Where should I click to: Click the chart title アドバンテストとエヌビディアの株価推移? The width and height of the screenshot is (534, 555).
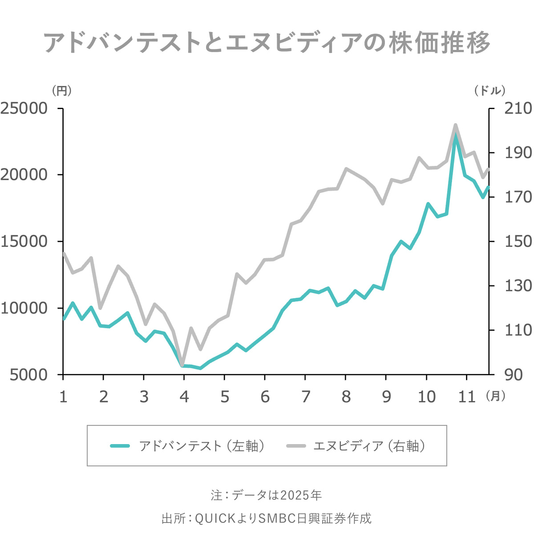pos(267,43)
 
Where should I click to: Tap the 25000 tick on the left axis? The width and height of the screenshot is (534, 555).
pos(24,108)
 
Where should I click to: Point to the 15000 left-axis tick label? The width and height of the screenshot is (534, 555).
pos(24,241)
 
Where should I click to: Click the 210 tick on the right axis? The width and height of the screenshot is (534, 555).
pos(518,108)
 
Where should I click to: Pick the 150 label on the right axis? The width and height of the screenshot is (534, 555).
pos(518,241)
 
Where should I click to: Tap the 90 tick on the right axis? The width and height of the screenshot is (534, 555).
pos(514,375)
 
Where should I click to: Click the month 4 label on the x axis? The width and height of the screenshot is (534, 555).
pos(184,396)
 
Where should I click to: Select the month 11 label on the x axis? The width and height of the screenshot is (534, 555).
pos(467,396)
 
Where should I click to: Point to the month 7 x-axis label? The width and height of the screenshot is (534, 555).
pos(306,396)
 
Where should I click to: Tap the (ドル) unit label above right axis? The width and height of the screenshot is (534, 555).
pos(490,91)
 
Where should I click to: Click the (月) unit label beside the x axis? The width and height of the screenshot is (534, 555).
pos(495,396)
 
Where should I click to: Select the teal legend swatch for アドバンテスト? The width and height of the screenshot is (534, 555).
pos(120,446)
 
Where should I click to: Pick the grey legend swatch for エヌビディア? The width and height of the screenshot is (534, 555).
pos(296,446)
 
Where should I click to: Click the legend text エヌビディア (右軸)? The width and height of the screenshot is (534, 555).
pos(369,446)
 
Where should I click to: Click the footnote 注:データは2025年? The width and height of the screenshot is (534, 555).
pos(266,495)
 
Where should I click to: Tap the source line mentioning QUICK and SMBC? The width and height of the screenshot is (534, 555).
pos(266,518)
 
